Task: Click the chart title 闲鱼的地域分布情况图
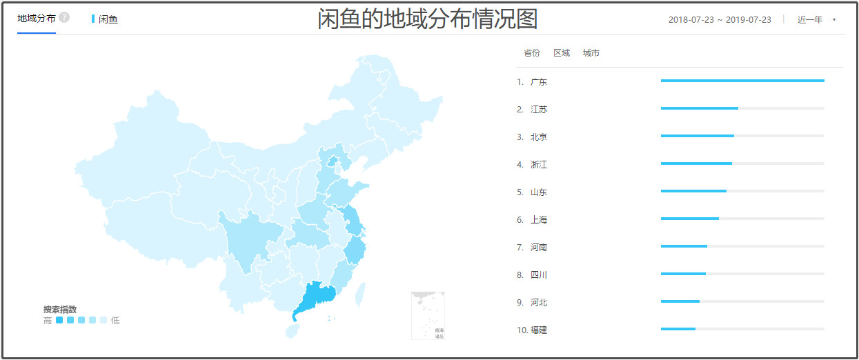click(x=427, y=19)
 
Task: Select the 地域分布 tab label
click(x=37, y=18)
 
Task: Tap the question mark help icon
click(x=64, y=17)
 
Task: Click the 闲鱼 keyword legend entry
click(x=108, y=19)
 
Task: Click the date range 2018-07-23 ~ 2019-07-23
click(x=720, y=19)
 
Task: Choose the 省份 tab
click(x=531, y=53)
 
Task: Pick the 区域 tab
click(x=562, y=53)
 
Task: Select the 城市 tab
click(x=591, y=53)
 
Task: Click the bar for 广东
click(x=742, y=81)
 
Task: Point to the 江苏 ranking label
click(x=539, y=110)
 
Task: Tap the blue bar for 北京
click(x=697, y=136)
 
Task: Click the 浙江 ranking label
click(x=539, y=165)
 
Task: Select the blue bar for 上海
click(x=689, y=219)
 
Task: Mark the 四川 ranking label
click(x=539, y=275)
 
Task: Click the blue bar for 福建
click(x=678, y=329)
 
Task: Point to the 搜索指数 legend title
click(x=60, y=309)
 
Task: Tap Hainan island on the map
click(x=293, y=332)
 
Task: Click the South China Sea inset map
click(x=428, y=315)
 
